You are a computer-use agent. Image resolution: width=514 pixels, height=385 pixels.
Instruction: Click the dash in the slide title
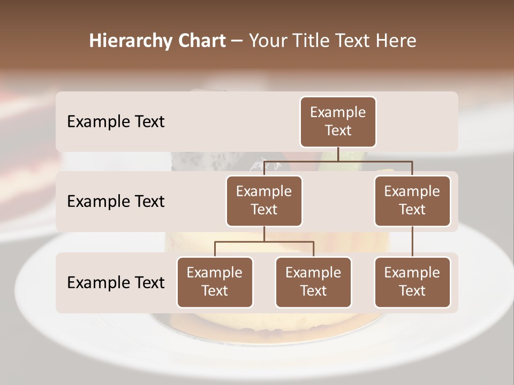coord(237,41)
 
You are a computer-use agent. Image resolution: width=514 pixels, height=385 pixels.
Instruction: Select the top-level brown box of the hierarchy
coord(338,121)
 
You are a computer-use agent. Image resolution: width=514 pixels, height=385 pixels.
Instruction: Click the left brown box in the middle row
coord(264,201)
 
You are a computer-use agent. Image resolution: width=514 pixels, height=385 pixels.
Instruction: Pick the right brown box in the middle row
coord(412,201)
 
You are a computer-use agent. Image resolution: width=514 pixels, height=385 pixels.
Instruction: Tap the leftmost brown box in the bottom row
coord(215,282)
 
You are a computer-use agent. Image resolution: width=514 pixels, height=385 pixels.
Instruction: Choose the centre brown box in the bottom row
coord(313,282)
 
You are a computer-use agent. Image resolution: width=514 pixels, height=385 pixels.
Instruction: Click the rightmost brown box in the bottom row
coord(412,282)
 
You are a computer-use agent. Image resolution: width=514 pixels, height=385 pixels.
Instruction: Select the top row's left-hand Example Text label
coord(116,121)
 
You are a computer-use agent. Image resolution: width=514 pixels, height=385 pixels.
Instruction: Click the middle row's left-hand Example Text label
coord(116,201)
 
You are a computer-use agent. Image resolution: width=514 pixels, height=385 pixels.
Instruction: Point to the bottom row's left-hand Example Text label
coord(116,282)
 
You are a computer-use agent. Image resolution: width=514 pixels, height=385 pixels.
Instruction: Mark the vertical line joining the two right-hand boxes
coord(412,242)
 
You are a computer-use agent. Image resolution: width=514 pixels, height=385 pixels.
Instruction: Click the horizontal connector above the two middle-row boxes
coord(375,160)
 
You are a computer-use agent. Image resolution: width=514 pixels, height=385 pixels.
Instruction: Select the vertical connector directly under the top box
coord(338,154)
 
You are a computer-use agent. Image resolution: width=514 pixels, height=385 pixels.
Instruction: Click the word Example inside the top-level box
coord(338,112)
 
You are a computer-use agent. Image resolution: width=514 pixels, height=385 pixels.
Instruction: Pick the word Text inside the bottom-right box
coord(412,291)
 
